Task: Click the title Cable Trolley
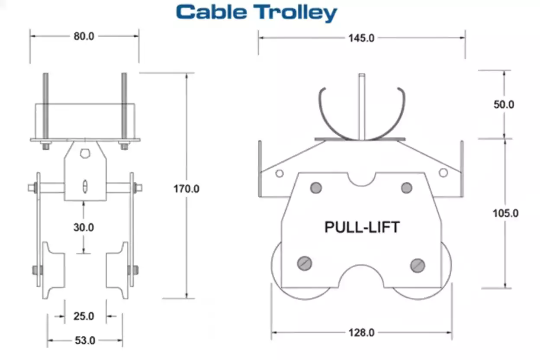click(x=256, y=13)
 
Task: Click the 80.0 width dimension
click(x=84, y=36)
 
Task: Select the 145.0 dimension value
click(x=361, y=38)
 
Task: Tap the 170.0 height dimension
click(x=186, y=189)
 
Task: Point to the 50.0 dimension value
click(x=504, y=105)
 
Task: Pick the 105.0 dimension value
click(x=505, y=213)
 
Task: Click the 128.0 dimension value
click(x=361, y=333)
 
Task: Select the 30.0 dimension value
click(x=84, y=227)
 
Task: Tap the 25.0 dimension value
click(x=84, y=316)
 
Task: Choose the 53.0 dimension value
click(x=85, y=341)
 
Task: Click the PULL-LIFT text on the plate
click(x=362, y=227)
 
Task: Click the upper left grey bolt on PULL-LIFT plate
click(x=316, y=187)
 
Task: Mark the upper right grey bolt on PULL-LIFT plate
click(x=406, y=187)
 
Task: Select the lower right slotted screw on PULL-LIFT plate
click(x=418, y=265)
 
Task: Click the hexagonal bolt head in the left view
click(x=85, y=154)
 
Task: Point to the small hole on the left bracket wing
click(x=280, y=174)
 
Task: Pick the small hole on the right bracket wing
click(x=443, y=173)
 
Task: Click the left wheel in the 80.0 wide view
click(x=54, y=270)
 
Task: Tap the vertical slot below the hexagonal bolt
click(x=85, y=186)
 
